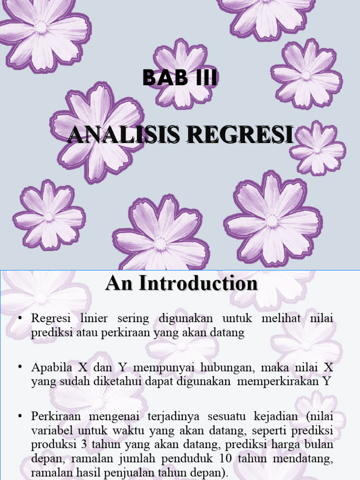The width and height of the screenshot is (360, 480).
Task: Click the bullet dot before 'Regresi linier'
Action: click(x=20, y=319)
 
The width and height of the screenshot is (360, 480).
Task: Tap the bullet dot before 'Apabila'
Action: click(x=20, y=366)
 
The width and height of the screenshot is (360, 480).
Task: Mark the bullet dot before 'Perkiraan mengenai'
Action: click(x=20, y=416)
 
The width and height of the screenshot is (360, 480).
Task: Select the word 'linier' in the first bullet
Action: click(x=93, y=319)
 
